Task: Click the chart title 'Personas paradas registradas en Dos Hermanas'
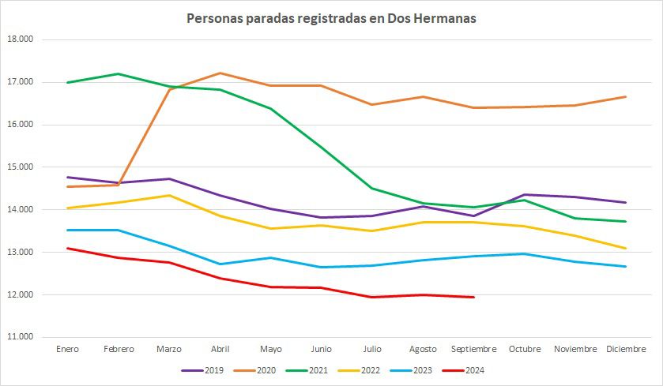click(331, 18)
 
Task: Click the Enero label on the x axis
click(68, 349)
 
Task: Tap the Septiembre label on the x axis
click(473, 349)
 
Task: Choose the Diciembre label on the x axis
click(626, 349)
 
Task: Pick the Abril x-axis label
click(220, 349)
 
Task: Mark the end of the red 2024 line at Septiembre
click(473, 297)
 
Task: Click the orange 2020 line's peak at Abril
click(220, 73)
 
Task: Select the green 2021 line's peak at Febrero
click(119, 74)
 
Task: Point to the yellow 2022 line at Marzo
click(169, 195)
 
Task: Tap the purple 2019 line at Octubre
click(524, 194)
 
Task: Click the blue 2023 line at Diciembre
click(626, 266)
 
